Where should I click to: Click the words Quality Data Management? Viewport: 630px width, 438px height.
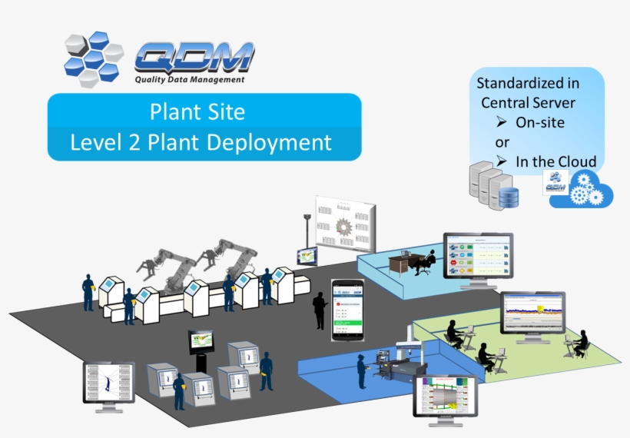(189, 79)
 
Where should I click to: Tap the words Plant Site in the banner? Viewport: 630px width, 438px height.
(197, 112)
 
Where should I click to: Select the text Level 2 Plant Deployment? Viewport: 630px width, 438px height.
(201, 142)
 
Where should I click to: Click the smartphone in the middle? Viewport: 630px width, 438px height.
(346, 310)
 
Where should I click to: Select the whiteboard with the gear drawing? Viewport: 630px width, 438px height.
(346, 223)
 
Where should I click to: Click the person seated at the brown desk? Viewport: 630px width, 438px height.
(424, 261)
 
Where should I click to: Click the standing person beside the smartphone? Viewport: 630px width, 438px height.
(320, 310)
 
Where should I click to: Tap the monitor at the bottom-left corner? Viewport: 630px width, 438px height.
(108, 382)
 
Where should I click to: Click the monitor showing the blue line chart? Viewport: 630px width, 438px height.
(532, 312)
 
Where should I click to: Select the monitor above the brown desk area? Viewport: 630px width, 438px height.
(477, 256)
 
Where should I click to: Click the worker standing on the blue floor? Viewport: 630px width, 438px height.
(361, 371)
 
